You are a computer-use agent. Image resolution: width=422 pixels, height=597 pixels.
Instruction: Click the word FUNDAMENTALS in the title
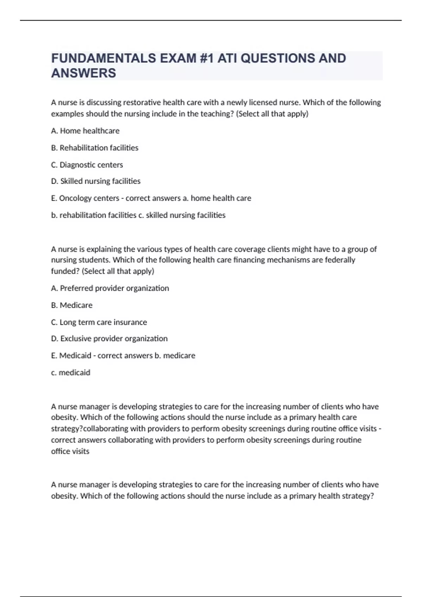[x=104, y=58]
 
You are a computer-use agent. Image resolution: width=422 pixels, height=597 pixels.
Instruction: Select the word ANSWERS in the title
[x=83, y=73]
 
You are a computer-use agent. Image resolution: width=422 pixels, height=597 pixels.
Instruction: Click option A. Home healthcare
[x=85, y=131]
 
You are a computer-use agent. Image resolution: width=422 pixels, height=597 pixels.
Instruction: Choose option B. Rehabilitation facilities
[x=95, y=148]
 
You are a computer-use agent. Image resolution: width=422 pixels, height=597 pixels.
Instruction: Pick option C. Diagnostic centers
[x=87, y=165]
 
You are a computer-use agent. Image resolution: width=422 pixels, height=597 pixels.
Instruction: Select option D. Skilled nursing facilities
[x=96, y=181]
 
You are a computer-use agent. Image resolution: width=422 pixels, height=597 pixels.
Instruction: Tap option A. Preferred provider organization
[x=110, y=288]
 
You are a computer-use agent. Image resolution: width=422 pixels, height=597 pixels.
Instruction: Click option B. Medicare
[x=72, y=305]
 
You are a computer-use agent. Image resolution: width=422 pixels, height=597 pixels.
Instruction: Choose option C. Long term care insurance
[x=99, y=322]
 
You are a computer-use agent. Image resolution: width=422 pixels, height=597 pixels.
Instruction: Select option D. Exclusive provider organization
[x=109, y=339]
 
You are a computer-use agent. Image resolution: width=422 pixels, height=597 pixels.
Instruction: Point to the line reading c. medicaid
[x=71, y=373]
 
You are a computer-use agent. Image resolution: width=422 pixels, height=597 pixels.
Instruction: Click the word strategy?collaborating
[x=90, y=429]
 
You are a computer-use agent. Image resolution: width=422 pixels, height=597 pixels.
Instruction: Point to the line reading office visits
[x=70, y=451]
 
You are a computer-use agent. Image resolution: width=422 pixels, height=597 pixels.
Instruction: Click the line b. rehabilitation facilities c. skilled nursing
[x=138, y=215]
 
